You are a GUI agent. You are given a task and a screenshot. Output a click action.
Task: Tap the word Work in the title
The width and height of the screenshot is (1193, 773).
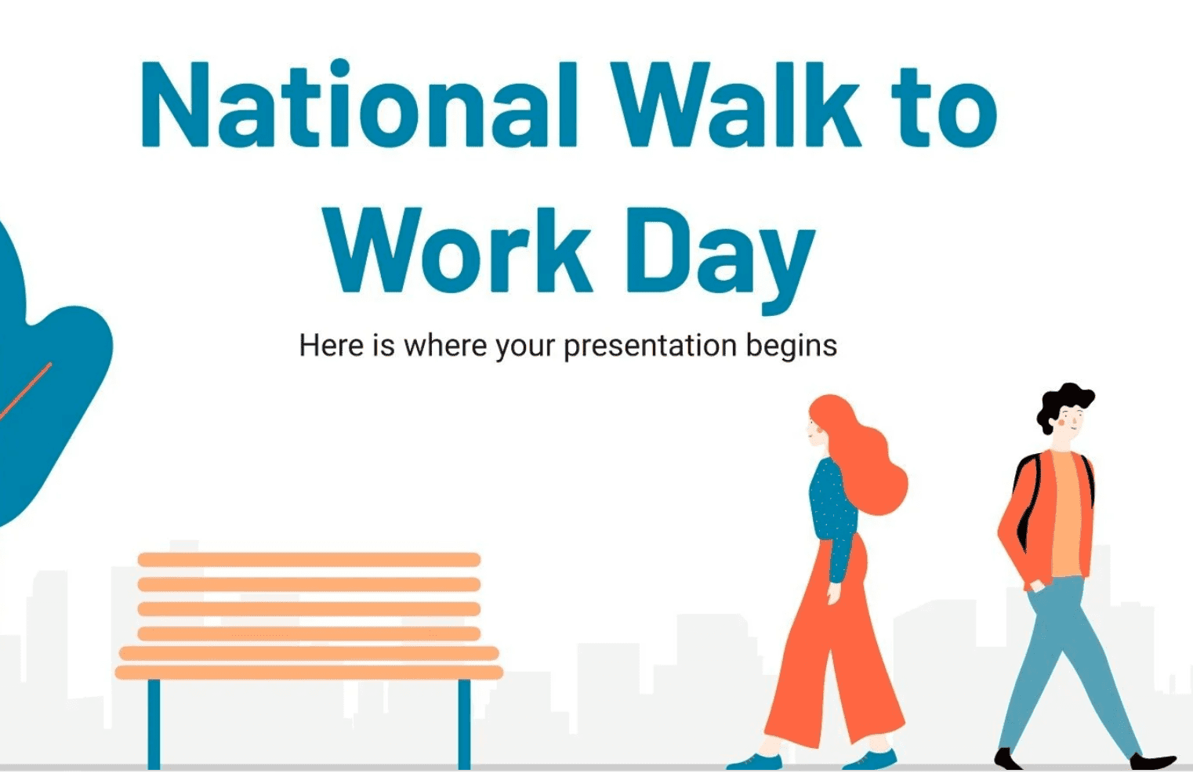tap(459, 249)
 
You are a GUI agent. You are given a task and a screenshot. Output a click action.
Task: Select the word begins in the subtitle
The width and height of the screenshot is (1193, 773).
tap(792, 347)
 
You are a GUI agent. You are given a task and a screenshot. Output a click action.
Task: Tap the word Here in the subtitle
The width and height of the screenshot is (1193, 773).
tap(332, 345)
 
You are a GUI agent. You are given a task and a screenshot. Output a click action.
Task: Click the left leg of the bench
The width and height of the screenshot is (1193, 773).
tap(154, 724)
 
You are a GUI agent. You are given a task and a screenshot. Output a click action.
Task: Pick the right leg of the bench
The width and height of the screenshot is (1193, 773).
tap(464, 724)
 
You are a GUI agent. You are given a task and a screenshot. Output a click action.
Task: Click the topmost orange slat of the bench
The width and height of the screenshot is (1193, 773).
tap(309, 560)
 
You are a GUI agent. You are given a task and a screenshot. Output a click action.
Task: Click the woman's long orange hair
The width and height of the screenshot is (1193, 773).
tap(863, 458)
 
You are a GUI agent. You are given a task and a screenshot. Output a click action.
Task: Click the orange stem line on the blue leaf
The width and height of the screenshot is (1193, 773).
tap(26, 390)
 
